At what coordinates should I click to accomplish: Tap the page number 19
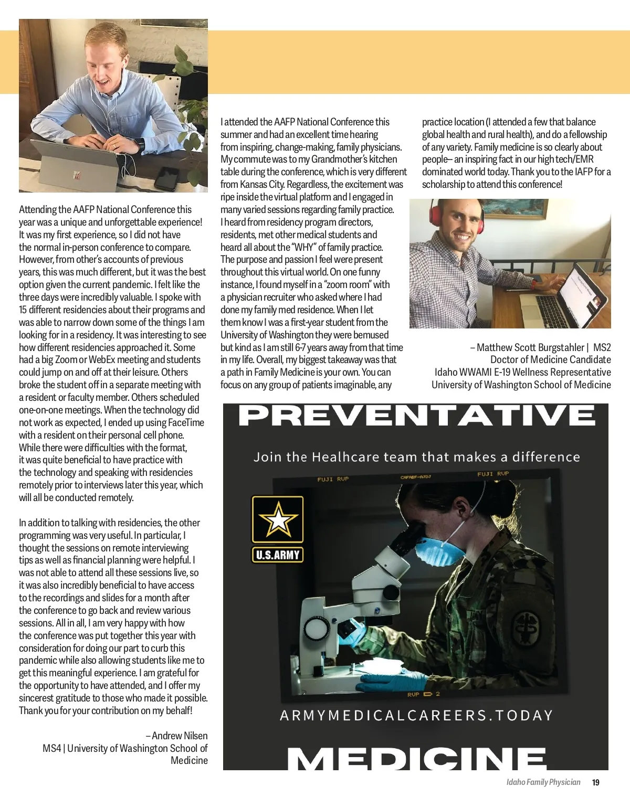(x=595, y=782)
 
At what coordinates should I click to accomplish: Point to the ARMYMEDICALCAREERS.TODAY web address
(x=417, y=716)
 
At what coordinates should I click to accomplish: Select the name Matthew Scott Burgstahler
(x=530, y=347)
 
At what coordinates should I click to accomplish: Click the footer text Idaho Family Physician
(x=543, y=782)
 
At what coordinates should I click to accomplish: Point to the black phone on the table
(x=167, y=178)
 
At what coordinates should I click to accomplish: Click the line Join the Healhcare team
(x=417, y=457)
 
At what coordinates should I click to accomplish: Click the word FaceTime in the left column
(x=186, y=422)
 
